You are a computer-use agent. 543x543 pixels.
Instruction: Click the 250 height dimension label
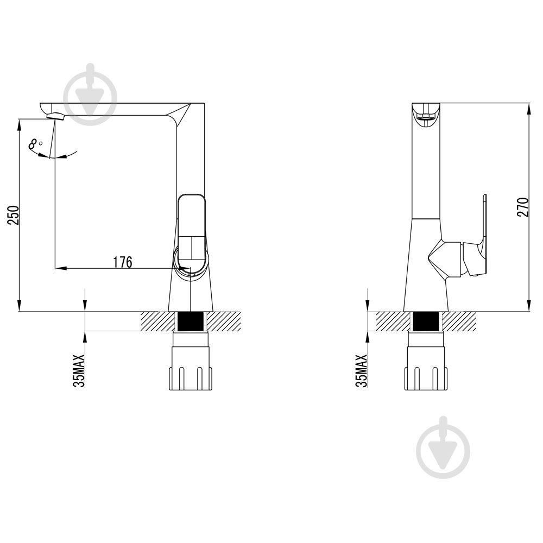click(14, 215)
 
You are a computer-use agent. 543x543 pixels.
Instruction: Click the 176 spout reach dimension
click(123, 262)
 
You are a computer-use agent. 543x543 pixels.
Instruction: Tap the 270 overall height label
click(523, 207)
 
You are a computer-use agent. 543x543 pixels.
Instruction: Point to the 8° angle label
click(35, 144)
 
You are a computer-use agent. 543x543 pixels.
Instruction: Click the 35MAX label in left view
click(79, 370)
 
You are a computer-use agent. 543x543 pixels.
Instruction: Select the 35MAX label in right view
click(361, 370)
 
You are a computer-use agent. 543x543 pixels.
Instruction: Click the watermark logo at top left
click(90, 94)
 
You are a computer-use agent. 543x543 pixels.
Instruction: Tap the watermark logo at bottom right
click(443, 447)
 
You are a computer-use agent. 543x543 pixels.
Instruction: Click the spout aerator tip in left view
click(56, 116)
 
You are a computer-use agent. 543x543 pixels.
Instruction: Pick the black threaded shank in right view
click(426, 321)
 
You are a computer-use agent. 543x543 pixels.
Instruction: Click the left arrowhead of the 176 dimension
click(61, 268)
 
